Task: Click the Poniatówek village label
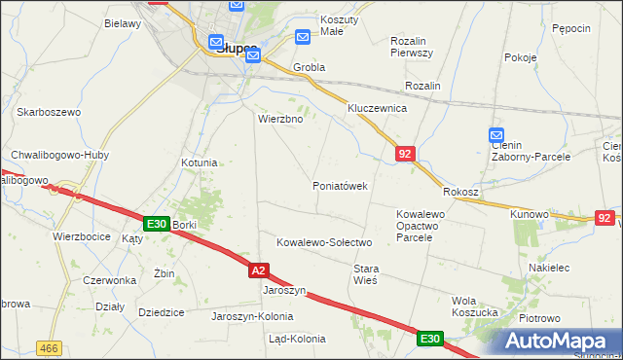pyautogui.click(x=340, y=186)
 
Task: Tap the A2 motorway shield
pyautogui.click(x=257, y=270)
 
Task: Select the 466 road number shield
pyautogui.click(x=48, y=346)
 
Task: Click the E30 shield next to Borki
pyautogui.click(x=156, y=224)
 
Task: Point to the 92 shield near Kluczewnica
pyautogui.click(x=406, y=153)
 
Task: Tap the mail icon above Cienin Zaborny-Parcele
pyautogui.click(x=496, y=135)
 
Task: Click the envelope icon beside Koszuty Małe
pyautogui.click(x=303, y=38)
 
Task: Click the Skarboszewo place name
pyautogui.click(x=48, y=113)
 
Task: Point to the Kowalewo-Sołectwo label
pyautogui.click(x=325, y=242)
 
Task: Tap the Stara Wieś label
pyautogui.click(x=365, y=273)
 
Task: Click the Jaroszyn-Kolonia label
pyautogui.click(x=252, y=316)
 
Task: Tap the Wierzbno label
pyautogui.click(x=280, y=120)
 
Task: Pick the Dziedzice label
pyautogui.click(x=162, y=312)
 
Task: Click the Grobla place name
pyautogui.click(x=308, y=68)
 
